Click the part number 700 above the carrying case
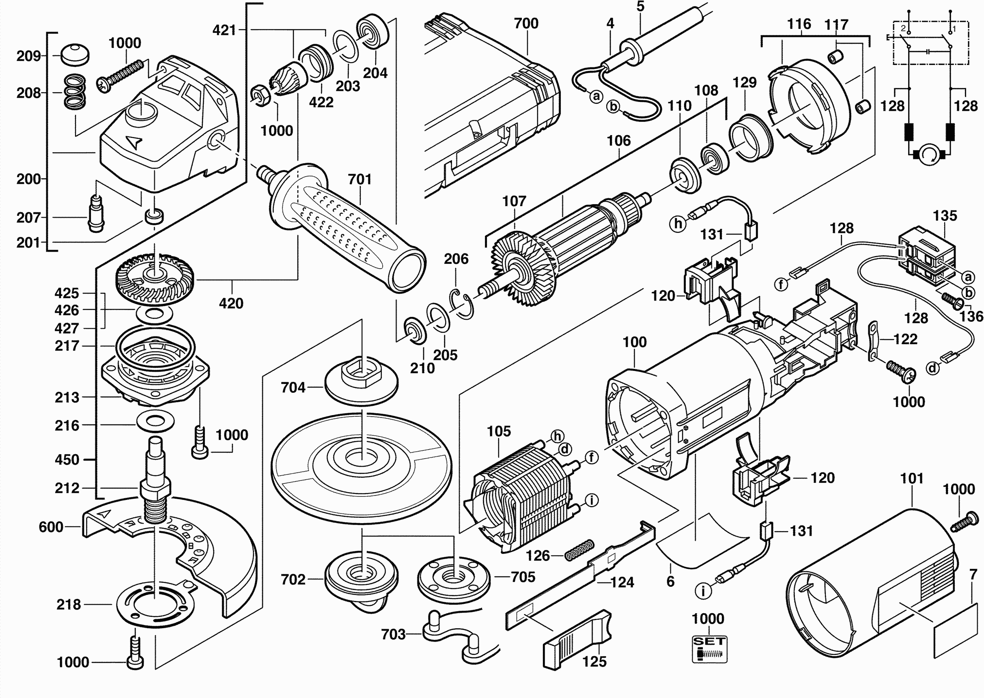click(x=526, y=23)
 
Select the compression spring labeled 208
click(x=74, y=92)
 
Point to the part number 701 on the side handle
click(x=360, y=179)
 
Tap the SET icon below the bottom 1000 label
click(x=709, y=649)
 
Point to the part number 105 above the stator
click(x=498, y=431)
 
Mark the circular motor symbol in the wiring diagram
click(x=930, y=154)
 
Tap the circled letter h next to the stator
click(x=557, y=436)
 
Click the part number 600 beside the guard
click(x=51, y=527)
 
